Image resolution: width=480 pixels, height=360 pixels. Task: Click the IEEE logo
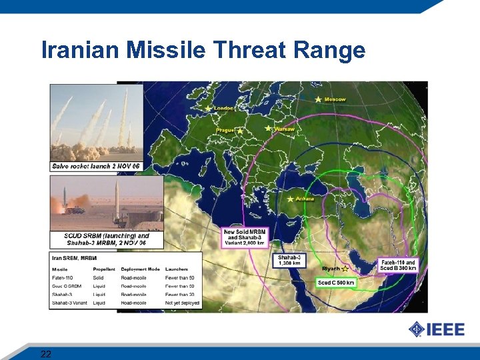point(436,329)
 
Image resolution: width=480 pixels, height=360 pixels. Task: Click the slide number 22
point(46,353)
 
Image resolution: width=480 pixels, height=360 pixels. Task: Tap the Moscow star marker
point(318,99)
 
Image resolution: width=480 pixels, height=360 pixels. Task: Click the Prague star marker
point(239,131)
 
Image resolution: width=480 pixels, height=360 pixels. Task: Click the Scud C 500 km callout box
point(336,283)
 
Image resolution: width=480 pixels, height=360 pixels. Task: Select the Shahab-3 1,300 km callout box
point(290,260)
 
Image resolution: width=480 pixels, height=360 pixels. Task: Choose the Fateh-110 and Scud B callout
point(398,265)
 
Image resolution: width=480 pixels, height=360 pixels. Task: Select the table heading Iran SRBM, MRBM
point(75,258)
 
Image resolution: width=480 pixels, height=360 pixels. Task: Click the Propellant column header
point(103,269)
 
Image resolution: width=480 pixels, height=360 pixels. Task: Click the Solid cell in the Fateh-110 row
point(98,277)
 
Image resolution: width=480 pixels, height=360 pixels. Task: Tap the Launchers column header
point(177,269)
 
